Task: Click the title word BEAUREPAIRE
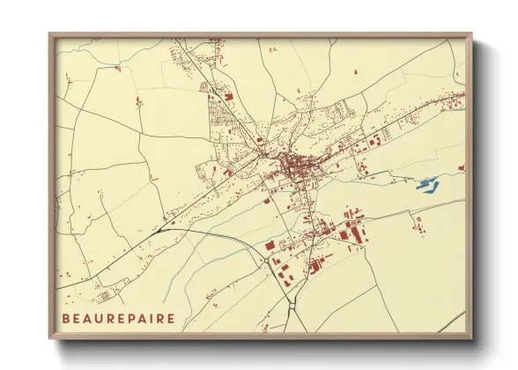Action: coord(118,318)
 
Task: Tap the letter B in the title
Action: coord(65,318)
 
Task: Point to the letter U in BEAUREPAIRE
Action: coord(97,318)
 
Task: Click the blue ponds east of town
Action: coord(426,184)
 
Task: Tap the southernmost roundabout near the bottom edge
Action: coord(292,307)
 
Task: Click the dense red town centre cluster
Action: coord(295,166)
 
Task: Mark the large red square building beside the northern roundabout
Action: coord(270,246)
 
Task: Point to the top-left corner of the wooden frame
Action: coord(50,35)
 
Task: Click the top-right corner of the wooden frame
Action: coord(470,35)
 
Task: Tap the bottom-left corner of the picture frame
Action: coord(50,337)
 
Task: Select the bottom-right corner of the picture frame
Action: coord(470,337)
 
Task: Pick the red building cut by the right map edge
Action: coord(461,166)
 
